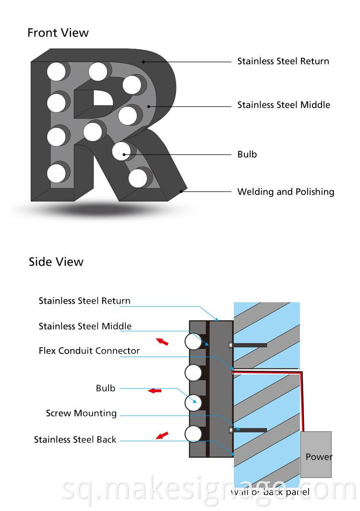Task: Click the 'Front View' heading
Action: pyautogui.click(x=58, y=33)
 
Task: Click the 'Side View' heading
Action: pyautogui.click(x=56, y=262)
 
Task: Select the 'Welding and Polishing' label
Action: pyautogui.click(x=286, y=192)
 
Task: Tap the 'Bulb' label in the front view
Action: pyautogui.click(x=247, y=154)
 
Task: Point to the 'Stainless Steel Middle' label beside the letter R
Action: pyautogui.click(x=284, y=105)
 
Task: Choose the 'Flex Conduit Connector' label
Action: pyautogui.click(x=89, y=351)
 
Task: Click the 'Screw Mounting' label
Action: pyautogui.click(x=81, y=413)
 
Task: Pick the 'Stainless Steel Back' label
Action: pyautogui.click(x=75, y=439)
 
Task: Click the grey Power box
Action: pyautogui.click(x=316, y=454)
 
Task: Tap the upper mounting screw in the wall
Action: pyautogui.click(x=248, y=345)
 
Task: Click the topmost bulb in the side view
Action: pyautogui.click(x=193, y=342)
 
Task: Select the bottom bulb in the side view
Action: pyautogui.click(x=193, y=434)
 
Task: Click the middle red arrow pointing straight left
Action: pyautogui.click(x=155, y=391)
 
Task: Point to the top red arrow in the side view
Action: pyautogui.click(x=163, y=341)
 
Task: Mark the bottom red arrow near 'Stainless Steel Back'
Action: pyautogui.click(x=163, y=436)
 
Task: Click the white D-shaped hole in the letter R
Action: pyautogui.click(x=102, y=97)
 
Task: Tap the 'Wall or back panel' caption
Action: pyautogui.click(x=270, y=492)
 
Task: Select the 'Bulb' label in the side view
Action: pyautogui.click(x=106, y=388)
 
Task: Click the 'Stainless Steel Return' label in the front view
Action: pyautogui.click(x=283, y=61)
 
